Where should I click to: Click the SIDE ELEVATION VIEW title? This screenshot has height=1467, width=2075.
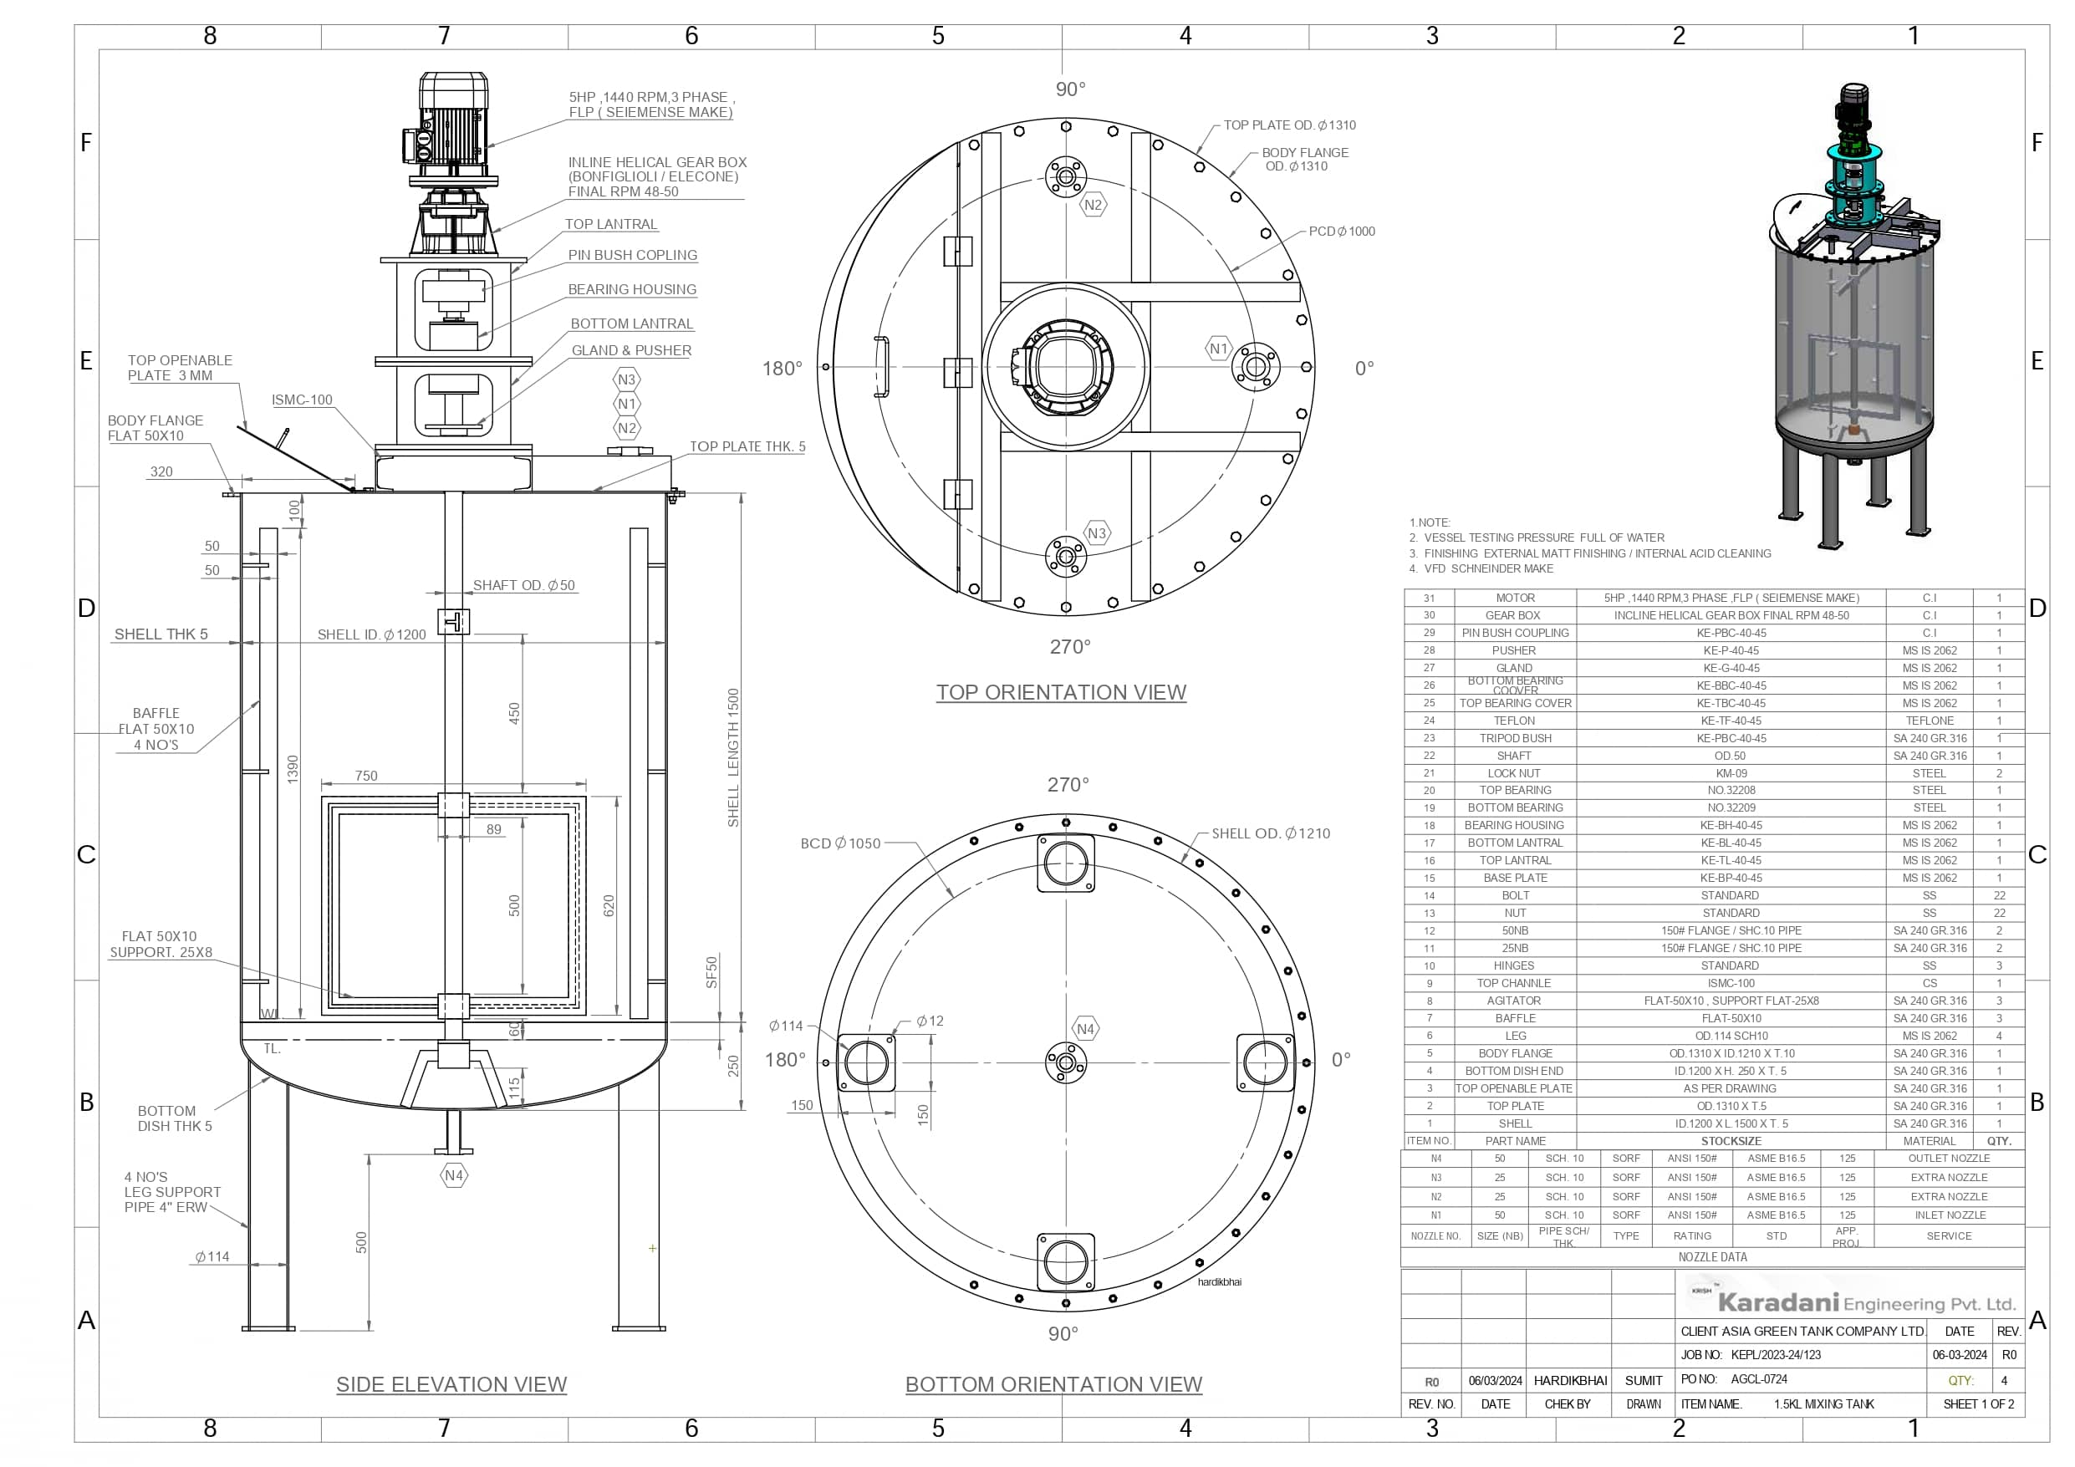click(451, 1384)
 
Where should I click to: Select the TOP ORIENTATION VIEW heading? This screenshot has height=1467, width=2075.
click(1060, 691)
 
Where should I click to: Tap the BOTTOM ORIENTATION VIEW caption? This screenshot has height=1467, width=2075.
click(1053, 1384)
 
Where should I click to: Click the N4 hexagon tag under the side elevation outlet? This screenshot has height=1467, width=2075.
click(454, 1175)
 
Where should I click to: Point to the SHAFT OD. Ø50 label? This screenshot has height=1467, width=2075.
click(523, 585)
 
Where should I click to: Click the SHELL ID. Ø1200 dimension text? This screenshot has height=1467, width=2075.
click(371, 634)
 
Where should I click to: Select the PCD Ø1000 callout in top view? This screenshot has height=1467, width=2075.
click(1341, 232)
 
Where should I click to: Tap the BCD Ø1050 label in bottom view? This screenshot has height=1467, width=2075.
click(839, 843)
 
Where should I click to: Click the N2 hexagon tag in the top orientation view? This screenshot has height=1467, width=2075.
click(1093, 204)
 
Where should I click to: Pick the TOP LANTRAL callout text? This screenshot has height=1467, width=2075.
click(611, 224)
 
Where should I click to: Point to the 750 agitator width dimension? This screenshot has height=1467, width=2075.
click(366, 776)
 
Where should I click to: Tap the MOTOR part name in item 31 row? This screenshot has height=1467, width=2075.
click(1515, 598)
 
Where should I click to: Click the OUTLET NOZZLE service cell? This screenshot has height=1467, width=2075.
click(1949, 1158)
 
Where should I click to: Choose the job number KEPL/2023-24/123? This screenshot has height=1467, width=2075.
click(1775, 1355)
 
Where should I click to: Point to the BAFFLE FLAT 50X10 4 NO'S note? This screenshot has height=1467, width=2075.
click(156, 729)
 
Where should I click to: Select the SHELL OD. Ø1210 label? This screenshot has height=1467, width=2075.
click(1270, 833)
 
